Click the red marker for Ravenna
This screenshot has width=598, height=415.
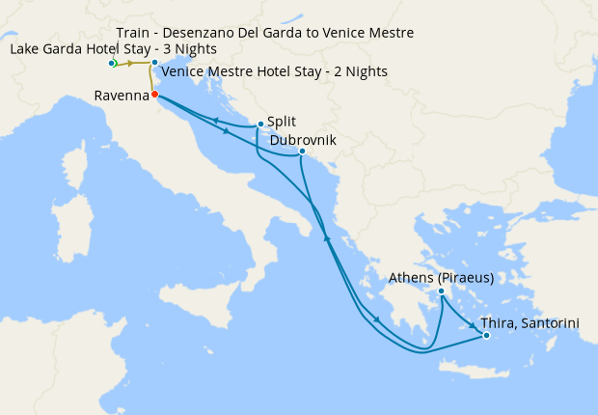point(154,95)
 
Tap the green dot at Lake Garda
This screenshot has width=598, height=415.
point(113,64)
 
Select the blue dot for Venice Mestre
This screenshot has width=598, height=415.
point(154,64)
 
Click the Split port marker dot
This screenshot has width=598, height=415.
point(260,124)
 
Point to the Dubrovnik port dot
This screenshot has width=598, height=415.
point(302,152)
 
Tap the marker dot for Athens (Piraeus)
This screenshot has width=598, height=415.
point(441,291)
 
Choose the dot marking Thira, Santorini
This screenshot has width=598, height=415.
point(486,336)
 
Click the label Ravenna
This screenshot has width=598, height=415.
point(122,96)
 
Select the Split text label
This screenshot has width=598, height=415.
point(283,122)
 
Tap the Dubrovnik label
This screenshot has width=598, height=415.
point(303,140)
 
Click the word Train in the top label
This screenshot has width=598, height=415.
point(135,33)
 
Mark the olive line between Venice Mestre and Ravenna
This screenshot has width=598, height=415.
point(150,79)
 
